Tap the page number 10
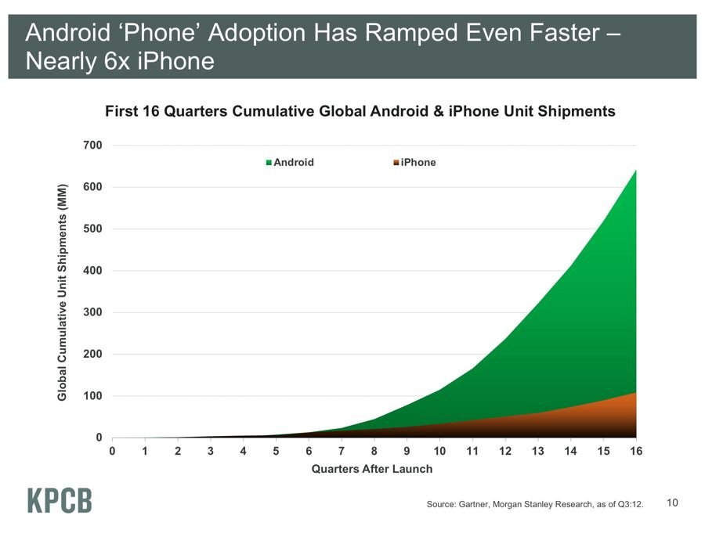[672, 503]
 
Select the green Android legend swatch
[269, 163]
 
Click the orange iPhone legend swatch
[396, 163]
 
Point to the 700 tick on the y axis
[92, 146]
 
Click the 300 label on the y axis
[92, 312]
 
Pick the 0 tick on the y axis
[99, 438]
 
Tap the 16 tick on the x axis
[635, 452]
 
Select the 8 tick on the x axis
[374, 452]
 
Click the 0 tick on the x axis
[112, 452]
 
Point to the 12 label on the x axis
[504, 452]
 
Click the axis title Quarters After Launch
[372, 469]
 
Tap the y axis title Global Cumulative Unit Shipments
[63, 292]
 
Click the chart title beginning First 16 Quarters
[360, 111]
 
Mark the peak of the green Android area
[635, 171]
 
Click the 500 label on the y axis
[92, 229]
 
